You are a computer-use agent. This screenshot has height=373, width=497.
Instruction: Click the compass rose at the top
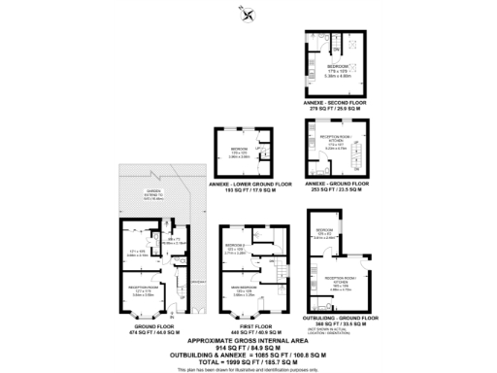[x=248, y=14]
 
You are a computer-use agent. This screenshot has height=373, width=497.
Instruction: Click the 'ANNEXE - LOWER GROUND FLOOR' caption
[x=238, y=182]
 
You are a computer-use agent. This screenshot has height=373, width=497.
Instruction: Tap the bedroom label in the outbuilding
[x=324, y=232]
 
